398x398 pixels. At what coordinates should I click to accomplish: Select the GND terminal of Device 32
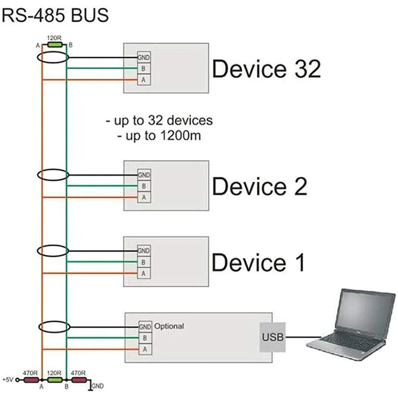pyautogui.click(x=144, y=58)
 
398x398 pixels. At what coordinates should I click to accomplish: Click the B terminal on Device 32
pyautogui.click(x=144, y=69)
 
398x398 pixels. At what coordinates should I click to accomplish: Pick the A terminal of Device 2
pyautogui.click(x=144, y=197)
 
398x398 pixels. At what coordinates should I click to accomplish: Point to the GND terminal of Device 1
pyautogui.click(x=144, y=251)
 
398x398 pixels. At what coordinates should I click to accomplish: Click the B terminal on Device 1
pyautogui.click(x=144, y=262)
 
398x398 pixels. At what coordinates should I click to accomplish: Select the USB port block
pyautogui.click(x=272, y=337)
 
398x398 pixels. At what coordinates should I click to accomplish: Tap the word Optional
pyautogui.click(x=169, y=326)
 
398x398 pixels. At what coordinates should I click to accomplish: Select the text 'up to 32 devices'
pyautogui.click(x=159, y=121)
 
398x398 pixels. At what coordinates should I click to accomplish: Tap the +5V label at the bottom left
pyautogui.click(x=8, y=380)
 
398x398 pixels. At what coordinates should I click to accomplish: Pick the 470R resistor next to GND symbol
pyautogui.click(x=78, y=380)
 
